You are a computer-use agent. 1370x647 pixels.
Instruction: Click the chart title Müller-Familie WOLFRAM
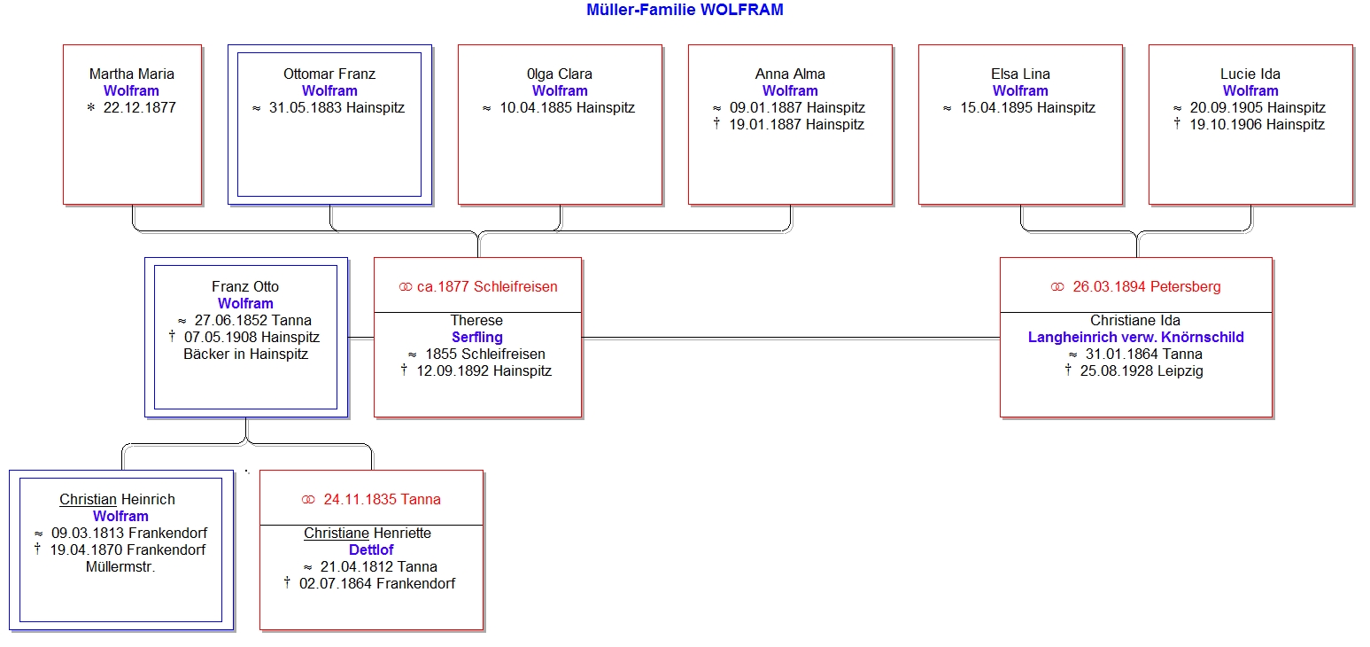(x=685, y=10)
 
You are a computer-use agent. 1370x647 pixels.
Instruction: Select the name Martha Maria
(x=131, y=74)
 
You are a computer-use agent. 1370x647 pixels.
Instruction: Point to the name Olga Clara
(x=560, y=74)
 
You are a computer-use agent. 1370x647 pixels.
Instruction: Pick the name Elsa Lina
(x=1020, y=74)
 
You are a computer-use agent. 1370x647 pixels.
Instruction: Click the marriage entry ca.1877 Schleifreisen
(x=487, y=287)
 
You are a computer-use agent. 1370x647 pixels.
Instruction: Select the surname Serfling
(x=477, y=338)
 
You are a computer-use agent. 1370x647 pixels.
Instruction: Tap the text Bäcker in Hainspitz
(x=246, y=355)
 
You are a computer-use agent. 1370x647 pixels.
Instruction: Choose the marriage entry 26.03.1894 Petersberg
(x=1147, y=287)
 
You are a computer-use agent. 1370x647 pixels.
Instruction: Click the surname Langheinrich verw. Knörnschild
(x=1135, y=338)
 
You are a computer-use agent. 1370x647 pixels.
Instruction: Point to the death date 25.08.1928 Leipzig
(x=1142, y=371)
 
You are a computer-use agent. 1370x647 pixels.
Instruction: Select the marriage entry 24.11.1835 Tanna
(x=383, y=500)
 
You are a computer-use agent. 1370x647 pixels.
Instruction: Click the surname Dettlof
(x=371, y=550)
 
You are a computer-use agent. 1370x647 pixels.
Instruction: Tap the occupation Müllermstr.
(x=120, y=567)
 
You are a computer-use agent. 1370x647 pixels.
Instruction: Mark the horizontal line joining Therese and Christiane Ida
(x=791, y=338)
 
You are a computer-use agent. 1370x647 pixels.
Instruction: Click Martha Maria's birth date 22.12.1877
(x=139, y=108)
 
